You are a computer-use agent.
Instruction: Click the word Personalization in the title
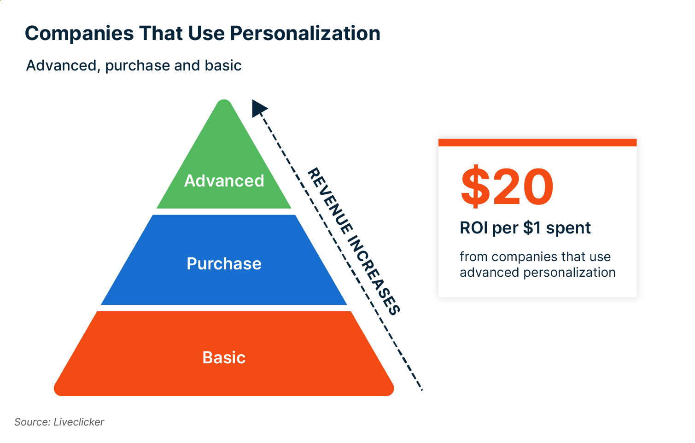point(305,34)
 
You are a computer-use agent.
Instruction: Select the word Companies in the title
point(79,34)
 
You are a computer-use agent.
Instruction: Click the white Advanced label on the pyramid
point(224,181)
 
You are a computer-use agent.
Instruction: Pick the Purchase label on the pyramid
point(224,264)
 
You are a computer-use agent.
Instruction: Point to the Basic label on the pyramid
point(224,357)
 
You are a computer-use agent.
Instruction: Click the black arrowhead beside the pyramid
point(259,108)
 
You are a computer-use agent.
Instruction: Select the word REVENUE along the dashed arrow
point(330,201)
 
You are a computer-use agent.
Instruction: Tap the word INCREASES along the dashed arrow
point(374,275)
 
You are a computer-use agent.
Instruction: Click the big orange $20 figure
point(507,186)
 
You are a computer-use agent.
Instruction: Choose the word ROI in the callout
point(473,228)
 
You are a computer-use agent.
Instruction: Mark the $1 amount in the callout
point(532,228)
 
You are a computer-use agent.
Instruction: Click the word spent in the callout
point(568,228)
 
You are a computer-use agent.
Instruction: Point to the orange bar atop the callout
point(537,142)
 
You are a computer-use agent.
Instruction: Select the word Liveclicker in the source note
point(79,422)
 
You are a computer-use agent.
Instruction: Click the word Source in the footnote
point(32,422)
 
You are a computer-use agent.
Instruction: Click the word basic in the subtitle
point(223,66)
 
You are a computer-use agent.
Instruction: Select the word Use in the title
point(206,34)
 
